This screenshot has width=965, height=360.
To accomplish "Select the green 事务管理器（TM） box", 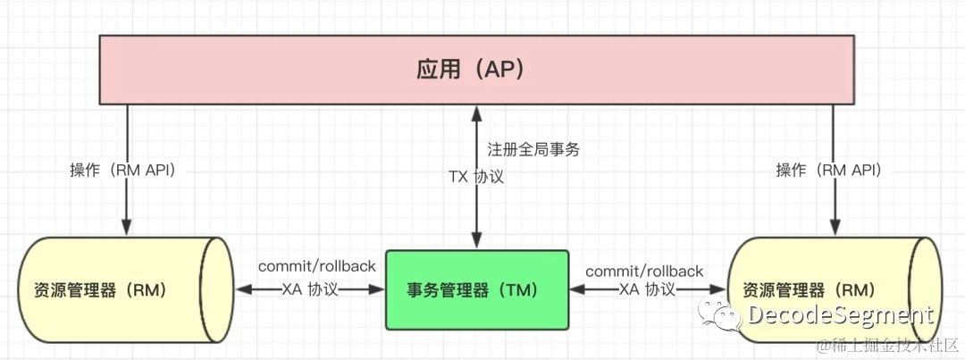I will [x=476, y=289].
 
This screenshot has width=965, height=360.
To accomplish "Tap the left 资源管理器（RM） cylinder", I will [x=116, y=289].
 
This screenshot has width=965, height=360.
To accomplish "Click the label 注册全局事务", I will [x=533, y=150].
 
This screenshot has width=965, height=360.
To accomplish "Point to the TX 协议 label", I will [x=475, y=176].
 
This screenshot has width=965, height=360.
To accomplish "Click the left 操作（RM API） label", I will [x=123, y=170].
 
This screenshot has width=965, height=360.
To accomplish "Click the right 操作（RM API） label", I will [x=828, y=170].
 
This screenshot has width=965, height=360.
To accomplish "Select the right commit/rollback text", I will [x=644, y=270].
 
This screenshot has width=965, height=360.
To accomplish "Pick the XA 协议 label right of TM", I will [x=647, y=289].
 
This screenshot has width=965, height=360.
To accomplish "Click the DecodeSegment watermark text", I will [x=840, y=315].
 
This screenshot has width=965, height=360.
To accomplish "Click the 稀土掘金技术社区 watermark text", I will [x=894, y=345].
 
